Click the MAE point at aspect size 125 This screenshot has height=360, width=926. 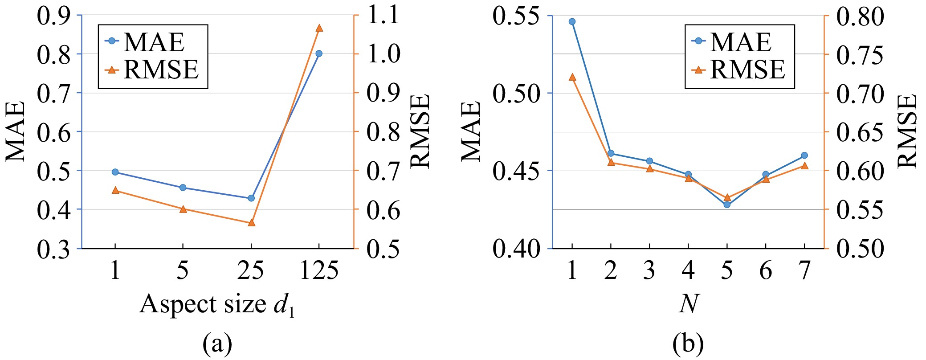tap(319, 53)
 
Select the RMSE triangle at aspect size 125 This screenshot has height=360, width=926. tap(319, 28)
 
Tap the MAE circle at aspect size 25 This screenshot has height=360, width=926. tap(251, 198)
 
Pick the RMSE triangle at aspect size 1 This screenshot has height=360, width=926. tap(115, 190)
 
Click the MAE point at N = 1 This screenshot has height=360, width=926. tap(572, 21)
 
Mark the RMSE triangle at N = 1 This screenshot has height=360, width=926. tap(572, 77)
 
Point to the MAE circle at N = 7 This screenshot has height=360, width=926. tap(804, 155)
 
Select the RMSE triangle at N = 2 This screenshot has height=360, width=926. tap(611, 162)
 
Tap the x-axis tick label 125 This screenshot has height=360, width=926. tap(319, 270)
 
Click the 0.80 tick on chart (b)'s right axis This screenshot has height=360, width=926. tap(860, 17)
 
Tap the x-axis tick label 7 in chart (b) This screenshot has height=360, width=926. tap(804, 270)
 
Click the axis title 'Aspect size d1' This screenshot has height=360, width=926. tap(217, 305)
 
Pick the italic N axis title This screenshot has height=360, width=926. tap(689, 304)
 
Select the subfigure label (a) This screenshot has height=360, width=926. tap(217, 344)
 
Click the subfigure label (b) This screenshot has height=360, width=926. tap(689, 344)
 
